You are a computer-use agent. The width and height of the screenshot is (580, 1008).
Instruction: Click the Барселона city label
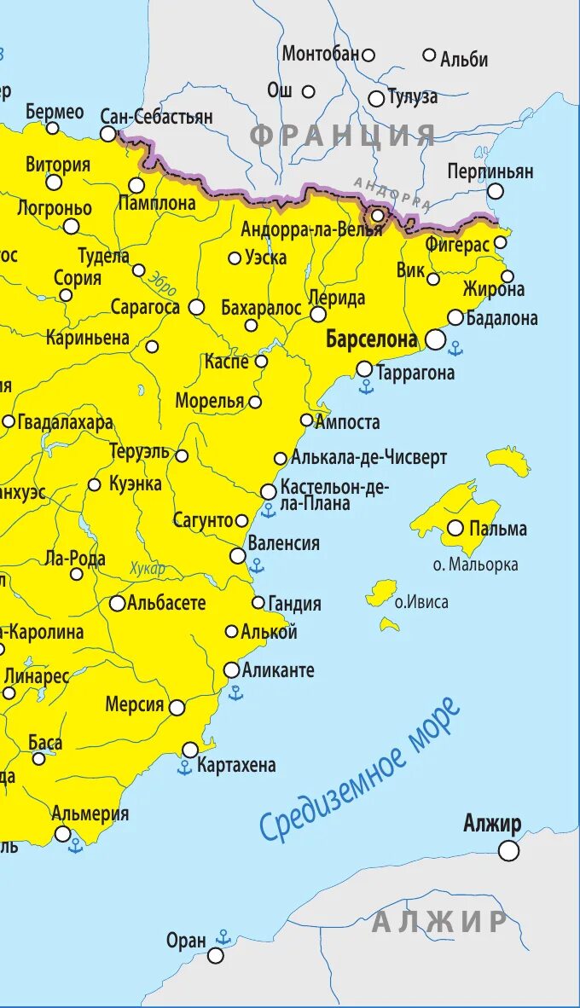click(372, 339)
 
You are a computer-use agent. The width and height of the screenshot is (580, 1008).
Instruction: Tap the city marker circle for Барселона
click(435, 340)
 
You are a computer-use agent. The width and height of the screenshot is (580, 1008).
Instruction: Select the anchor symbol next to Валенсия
click(257, 565)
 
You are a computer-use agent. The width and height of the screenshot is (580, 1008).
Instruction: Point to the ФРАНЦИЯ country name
click(343, 135)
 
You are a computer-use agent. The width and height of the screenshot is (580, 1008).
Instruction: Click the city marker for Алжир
click(508, 850)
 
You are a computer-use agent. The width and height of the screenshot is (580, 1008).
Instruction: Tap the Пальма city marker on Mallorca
click(455, 528)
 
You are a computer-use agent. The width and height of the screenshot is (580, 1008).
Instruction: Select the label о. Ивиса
click(421, 602)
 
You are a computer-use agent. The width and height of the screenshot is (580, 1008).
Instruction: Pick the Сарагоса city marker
click(196, 307)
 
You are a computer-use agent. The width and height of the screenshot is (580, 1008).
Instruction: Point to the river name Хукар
click(148, 568)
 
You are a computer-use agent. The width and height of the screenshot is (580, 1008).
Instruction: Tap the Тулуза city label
click(413, 96)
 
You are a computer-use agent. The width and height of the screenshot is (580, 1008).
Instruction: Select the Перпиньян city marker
click(495, 193)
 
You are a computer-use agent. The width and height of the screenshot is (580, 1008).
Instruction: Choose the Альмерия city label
click(90, 814)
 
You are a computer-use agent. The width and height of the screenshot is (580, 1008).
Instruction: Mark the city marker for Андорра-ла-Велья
click(378, 216)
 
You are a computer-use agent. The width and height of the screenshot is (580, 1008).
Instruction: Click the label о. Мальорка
click(475, 565)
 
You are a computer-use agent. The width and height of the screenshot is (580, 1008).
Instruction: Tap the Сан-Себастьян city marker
click(108, 134)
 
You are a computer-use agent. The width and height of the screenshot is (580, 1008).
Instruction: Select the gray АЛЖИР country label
click(439, 921)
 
